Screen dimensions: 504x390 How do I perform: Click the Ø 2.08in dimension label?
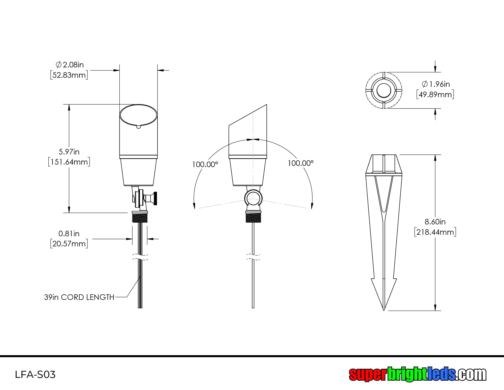tap(70, 65)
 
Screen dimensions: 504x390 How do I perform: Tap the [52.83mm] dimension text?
tap(69, 75)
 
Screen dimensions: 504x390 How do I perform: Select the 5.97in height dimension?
tap(69, 152)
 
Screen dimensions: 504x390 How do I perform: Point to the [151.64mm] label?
tap(69, 162)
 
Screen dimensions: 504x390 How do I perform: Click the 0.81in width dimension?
tap(69, 233)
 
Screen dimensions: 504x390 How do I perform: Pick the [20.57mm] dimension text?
tap(69, 244)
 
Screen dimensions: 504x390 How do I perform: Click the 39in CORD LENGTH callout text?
tap(79, 297)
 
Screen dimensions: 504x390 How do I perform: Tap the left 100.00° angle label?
tap(205, 164)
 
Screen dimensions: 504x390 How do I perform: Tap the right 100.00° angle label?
tap(301, 163)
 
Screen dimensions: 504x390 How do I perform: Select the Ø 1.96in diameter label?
tap(436, 84)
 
